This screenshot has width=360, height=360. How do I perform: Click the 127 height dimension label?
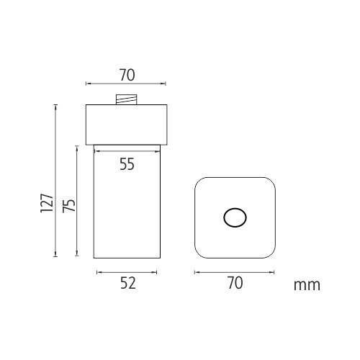coord(47,202)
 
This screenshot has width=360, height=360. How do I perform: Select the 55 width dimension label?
coord(127,164)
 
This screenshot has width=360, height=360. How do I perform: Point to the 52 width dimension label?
coord(128,283)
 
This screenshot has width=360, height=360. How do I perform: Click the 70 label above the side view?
coord(127,75)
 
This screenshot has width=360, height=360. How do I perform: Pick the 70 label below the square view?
coord(235,283)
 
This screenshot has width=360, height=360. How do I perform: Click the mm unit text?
coord(307,285)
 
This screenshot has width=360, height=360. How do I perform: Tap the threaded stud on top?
coord(127,99)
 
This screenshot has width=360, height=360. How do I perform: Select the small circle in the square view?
coord(235,217)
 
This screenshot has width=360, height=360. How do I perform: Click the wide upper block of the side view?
coord(127,125)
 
